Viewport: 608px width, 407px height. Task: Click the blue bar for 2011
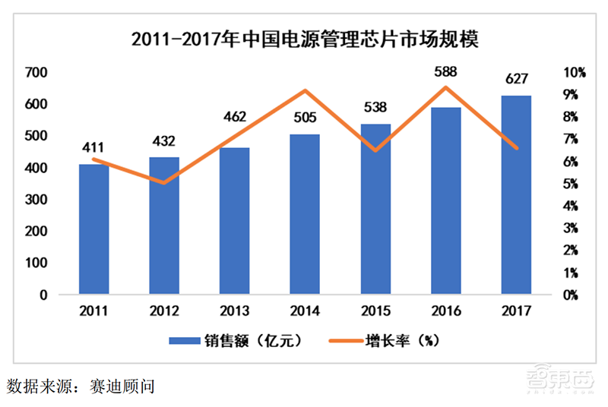[94, 229]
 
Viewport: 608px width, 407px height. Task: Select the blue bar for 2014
[305, 214]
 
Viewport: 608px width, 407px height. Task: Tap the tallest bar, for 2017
[516, 194]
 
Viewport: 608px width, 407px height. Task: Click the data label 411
[94, 147]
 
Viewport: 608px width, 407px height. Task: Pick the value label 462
[235, 118]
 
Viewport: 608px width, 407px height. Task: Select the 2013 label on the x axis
[235, 310]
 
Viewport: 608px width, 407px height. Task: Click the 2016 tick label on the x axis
[446, 310]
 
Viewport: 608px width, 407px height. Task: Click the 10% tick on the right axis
[574, 73]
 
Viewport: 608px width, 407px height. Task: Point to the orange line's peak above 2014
[305, 91]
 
